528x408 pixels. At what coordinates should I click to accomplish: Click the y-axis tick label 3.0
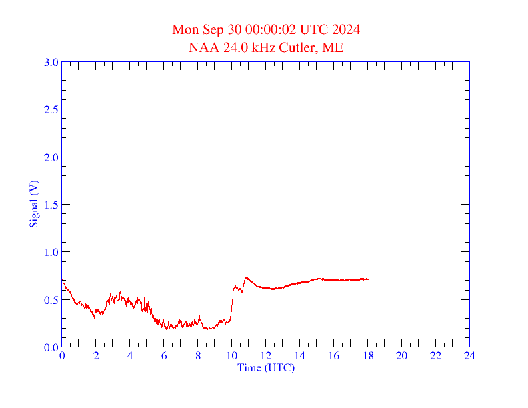[x=51, y=62]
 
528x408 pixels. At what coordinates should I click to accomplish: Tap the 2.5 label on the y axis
[x=51, y=109]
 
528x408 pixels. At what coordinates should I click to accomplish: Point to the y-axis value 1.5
[x=51, y=205]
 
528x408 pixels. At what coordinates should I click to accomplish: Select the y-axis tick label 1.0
[x=51, y=252]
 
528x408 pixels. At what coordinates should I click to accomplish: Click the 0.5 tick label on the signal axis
[x=51, y=300]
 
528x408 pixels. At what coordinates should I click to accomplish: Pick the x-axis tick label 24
[x=469, y=356]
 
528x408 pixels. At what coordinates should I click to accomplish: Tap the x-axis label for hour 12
[x=265, y=356]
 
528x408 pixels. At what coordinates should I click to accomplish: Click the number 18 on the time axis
[x=367, y=356]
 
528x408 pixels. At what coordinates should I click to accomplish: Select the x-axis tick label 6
[x=164, y=356]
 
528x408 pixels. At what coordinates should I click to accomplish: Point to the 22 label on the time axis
[x=435, y=356]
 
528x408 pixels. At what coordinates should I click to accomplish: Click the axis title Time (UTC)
[x=265, y=367]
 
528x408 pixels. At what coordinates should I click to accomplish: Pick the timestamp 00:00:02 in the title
[x=269, y=30]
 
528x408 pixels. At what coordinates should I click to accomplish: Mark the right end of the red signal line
[x=368, y=279]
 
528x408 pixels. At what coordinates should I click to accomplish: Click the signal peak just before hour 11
[x=247, y=277]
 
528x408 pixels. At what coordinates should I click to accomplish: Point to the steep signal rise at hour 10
[x=231, y=303]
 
